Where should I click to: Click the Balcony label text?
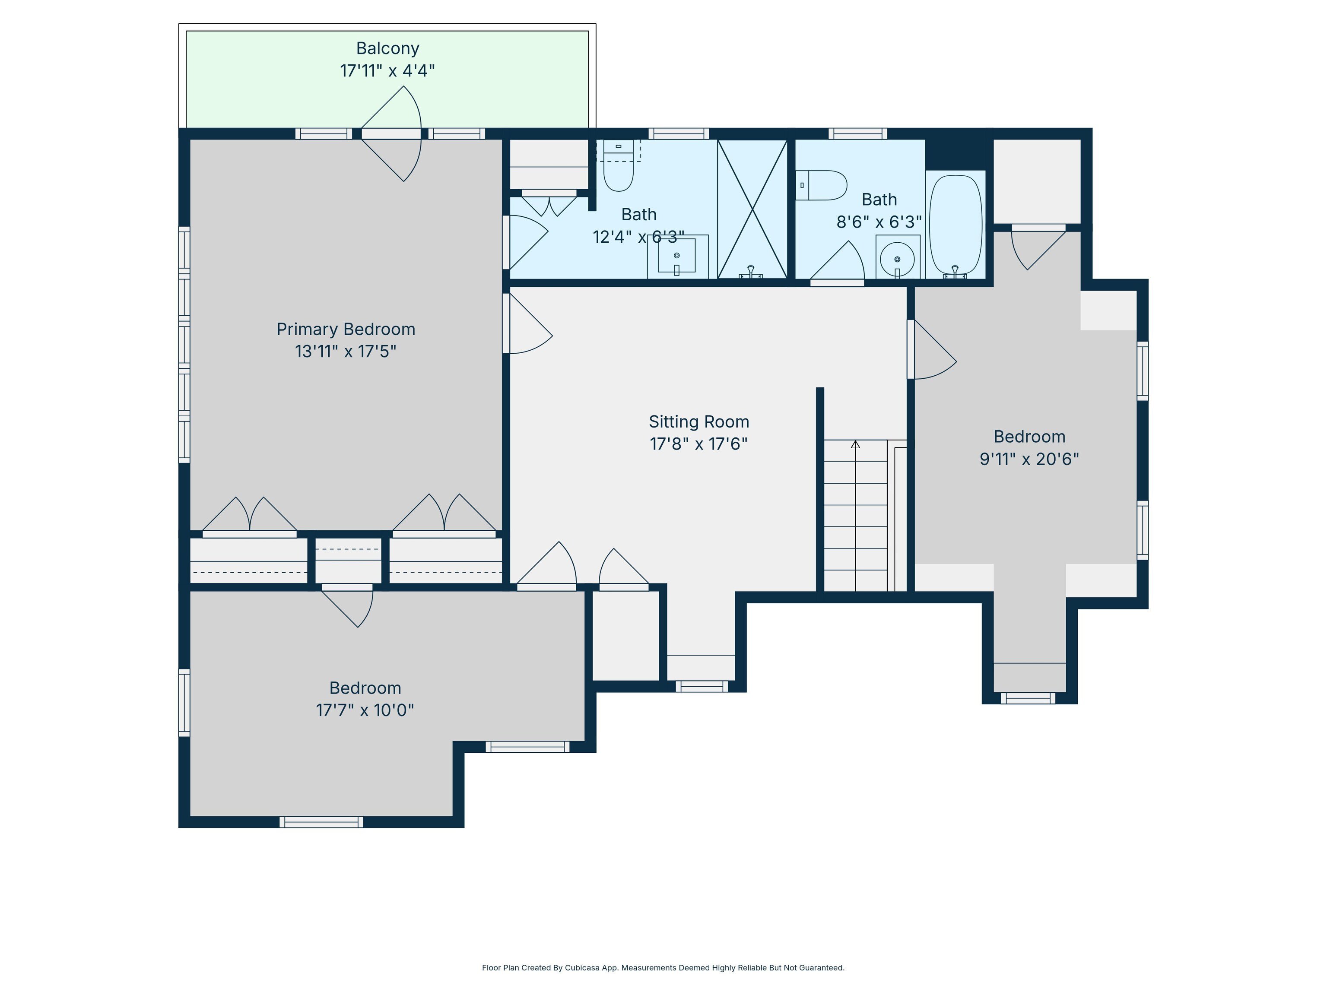387,48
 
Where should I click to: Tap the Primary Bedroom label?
346,329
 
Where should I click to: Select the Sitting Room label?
699,421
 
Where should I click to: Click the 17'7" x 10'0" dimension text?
365,710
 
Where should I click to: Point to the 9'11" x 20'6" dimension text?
1029,459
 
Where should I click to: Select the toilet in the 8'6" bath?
821,185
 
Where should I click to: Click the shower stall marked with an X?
752,209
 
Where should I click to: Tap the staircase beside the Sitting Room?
855,516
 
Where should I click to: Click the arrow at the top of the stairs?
855,444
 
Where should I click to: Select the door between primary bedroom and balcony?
391,134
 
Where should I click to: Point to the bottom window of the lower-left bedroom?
321,822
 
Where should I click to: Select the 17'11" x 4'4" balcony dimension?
387,71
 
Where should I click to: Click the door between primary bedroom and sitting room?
527,323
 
